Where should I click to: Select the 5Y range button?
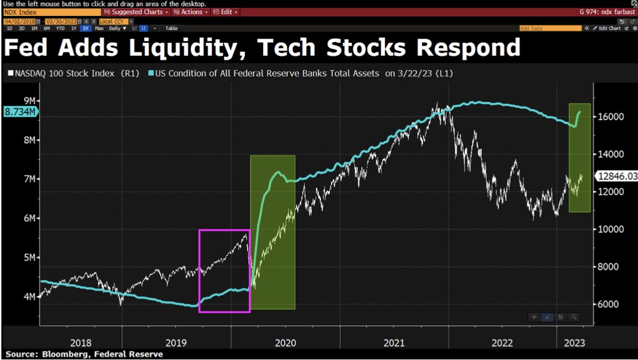[x=85, y=28]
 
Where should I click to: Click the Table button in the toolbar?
[x=171, y=28]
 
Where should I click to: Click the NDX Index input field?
[x=51, y=12]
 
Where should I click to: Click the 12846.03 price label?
[x=615, y=177]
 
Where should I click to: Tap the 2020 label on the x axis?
[x=285, y=343]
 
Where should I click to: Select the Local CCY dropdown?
[x=114, y=21]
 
